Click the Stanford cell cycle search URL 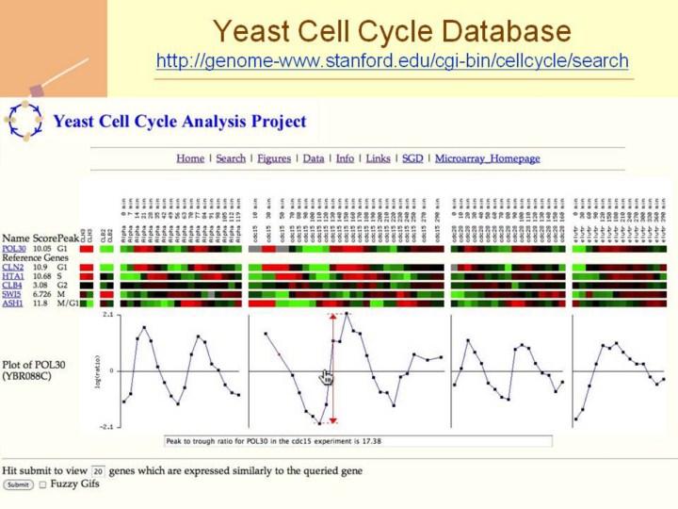point(392,61)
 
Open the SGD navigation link point(412,158)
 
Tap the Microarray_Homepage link point(487,158)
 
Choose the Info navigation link point(345,158)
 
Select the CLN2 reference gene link point(12,269)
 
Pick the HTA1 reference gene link point(12,276)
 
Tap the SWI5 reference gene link point(12,294)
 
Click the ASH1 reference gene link point(12,304)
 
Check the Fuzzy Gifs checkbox point(41,484)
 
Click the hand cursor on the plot point(327,377)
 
